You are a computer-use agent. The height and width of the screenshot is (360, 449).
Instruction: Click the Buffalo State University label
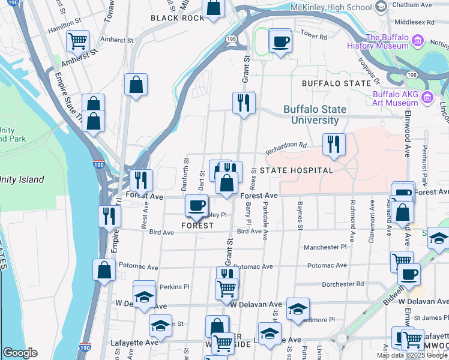click(x=315, y=115)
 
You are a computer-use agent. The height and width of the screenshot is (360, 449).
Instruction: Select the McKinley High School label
click(x=331, y=7)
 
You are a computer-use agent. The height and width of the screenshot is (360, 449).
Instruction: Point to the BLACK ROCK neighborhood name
click(x=178, y=18)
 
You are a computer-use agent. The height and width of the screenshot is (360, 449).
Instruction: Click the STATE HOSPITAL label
click(x=296, y=170)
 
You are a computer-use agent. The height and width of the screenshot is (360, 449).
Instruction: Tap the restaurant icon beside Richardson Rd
click(x=334, y=144)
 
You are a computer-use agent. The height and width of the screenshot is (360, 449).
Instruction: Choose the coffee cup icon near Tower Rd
click(x=280, y=41)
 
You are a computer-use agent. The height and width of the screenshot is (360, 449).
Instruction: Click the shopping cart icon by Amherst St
click(x=77, y=41)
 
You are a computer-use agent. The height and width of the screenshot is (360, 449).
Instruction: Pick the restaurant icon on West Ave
click(x=141, y=179)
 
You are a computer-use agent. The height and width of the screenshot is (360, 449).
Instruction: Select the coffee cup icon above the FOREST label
click(x=196, y=206)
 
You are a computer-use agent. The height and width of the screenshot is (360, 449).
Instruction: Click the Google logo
click(x=20, y=353)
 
